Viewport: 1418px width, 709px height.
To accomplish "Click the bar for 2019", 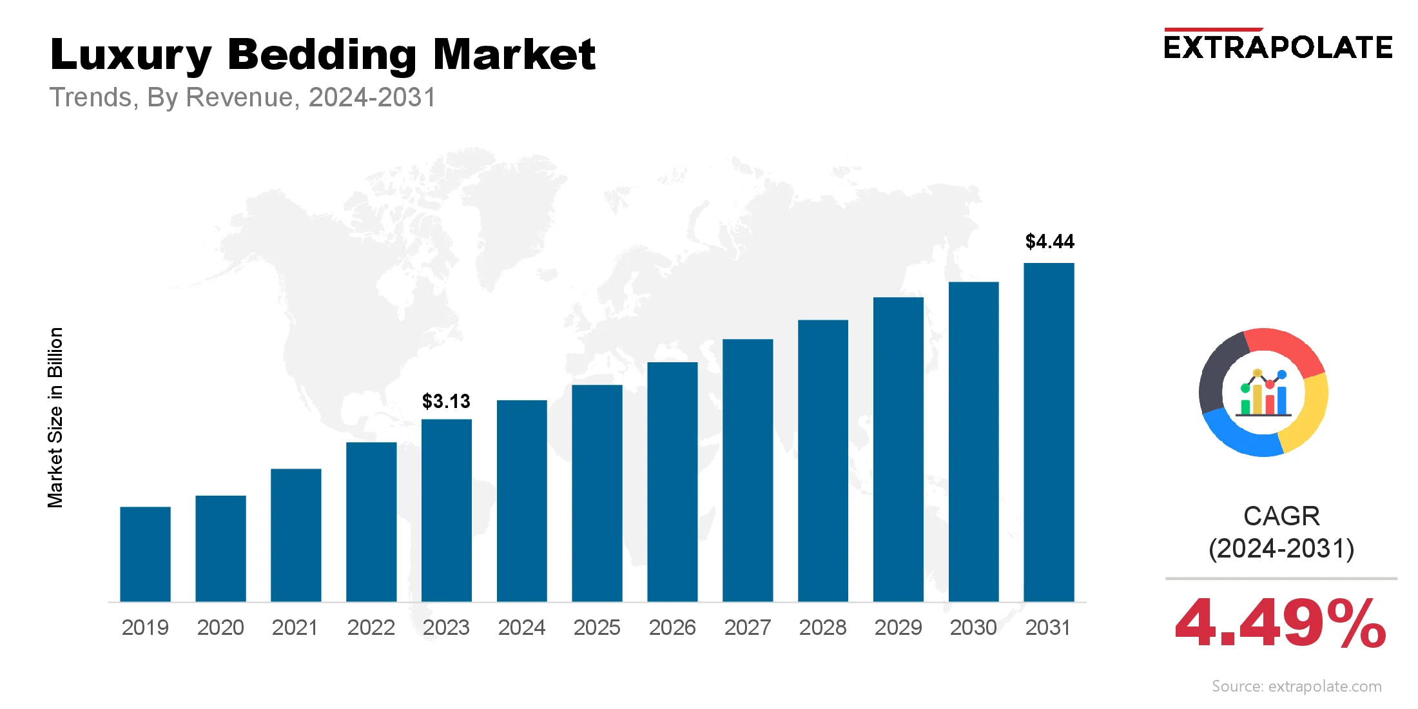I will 145,554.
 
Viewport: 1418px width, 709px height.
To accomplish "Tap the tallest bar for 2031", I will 1049,432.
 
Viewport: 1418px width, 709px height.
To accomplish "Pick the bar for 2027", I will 748,471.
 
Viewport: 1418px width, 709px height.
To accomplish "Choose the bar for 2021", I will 296,535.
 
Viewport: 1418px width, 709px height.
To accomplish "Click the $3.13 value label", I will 446,402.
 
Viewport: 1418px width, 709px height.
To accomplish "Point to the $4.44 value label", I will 1049,242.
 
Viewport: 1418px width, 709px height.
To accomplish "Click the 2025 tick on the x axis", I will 597,627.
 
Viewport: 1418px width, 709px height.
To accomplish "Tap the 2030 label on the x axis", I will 973,627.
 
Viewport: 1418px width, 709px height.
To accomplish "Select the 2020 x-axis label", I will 220,627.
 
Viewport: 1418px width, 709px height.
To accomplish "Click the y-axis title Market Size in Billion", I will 55,418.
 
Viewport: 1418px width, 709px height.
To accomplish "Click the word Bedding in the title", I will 322,55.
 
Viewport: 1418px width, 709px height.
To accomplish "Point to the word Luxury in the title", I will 131,55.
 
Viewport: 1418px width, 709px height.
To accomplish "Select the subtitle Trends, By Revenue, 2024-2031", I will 242,97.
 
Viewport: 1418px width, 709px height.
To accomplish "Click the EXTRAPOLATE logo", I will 1277,47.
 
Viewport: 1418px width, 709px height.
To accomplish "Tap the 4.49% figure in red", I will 1280,623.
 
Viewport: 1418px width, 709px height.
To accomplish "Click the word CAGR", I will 1281,516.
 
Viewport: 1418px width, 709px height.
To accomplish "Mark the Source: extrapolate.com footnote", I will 1296,686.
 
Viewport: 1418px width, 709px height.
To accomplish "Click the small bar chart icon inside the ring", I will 1264,394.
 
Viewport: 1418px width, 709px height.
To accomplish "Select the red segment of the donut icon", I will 1286,348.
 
